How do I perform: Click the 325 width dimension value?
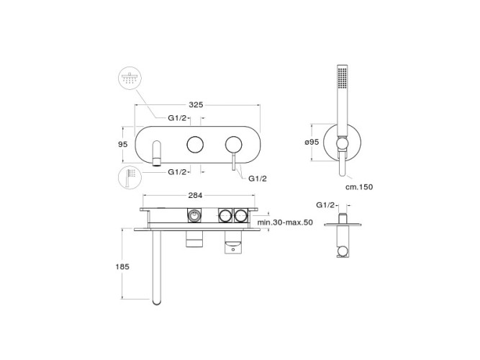coord(196,105)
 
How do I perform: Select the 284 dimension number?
coord(195,195)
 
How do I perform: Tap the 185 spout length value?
coord(122,266)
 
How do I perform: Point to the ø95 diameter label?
coord(312,142)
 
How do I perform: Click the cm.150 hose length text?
coord(359,186)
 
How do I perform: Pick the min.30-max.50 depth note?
coord(285,222)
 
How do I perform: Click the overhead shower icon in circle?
coord(130,78)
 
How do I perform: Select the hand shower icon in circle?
coord(130,177)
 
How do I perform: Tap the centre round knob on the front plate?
coord(195,144)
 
